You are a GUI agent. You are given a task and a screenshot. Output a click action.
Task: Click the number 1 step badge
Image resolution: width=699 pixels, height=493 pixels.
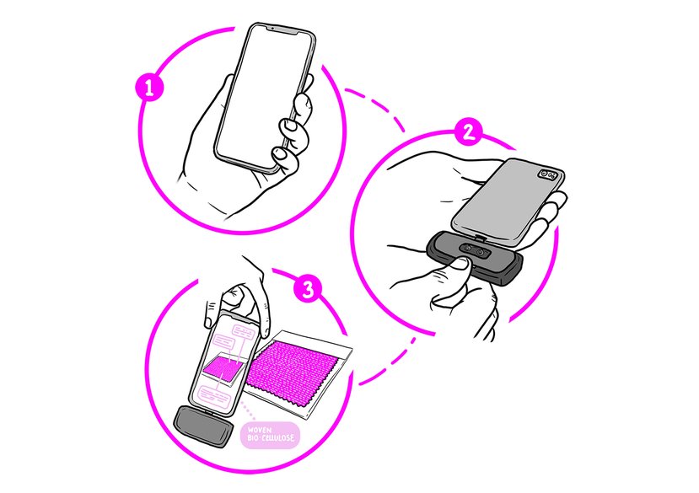click(149, 88)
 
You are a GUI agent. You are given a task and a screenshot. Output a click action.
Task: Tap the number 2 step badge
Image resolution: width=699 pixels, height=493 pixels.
click(468, 131)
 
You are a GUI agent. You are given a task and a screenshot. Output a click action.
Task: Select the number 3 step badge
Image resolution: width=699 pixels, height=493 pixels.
click(308, 288)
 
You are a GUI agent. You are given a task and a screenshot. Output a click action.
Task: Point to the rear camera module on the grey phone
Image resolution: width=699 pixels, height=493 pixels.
click(548, 174)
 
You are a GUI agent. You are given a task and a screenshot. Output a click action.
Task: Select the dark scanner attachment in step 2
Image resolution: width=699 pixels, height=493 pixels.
click(473, 258)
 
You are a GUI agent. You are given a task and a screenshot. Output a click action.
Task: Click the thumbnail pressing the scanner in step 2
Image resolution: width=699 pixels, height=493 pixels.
click(457, 265)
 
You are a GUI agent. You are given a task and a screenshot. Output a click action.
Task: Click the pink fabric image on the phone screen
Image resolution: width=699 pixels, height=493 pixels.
click(224, 367)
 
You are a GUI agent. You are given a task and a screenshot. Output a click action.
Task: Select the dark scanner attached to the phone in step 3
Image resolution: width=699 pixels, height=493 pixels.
click(204, 426)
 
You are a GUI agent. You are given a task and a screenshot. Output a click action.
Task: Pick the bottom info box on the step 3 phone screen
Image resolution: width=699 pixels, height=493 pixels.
click(215, 394)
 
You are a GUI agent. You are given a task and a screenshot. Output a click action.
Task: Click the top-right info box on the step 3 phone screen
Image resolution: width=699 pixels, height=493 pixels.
click(245, 331)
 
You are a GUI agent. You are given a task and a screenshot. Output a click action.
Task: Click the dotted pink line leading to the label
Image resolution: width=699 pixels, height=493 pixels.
click(248, 411)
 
